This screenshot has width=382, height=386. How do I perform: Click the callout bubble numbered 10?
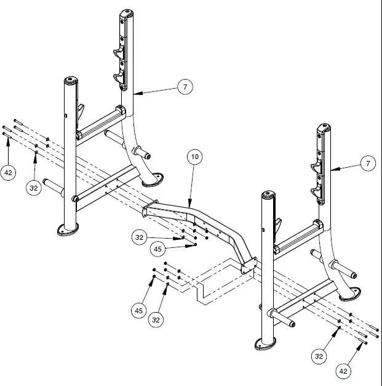(195, 157)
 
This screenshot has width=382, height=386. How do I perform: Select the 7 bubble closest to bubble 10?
(183, 87)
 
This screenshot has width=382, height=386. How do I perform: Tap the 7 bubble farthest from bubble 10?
(368, 163)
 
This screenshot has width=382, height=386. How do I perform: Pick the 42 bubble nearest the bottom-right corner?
(343, 371)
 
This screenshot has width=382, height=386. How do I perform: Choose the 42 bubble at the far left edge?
(8, 173)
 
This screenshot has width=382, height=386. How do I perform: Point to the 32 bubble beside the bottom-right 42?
(319, 356)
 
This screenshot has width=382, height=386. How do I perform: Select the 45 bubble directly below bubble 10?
(157, 248)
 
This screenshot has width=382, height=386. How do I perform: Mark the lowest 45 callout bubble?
(139, 310)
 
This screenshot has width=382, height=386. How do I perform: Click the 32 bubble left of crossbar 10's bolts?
(141, 236)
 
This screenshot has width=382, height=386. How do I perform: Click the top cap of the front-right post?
(267, 195)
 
